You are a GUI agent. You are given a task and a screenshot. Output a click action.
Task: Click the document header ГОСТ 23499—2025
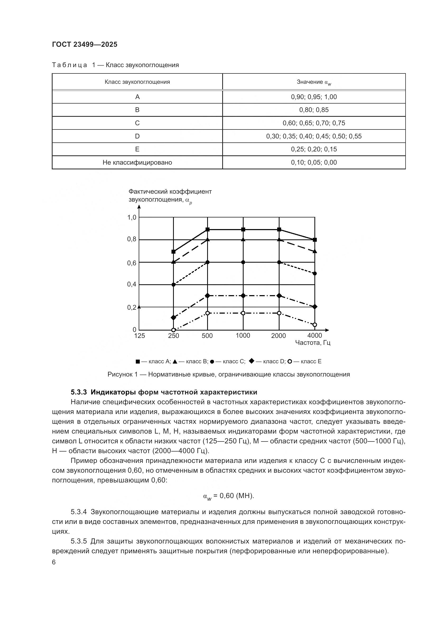coord(85,44)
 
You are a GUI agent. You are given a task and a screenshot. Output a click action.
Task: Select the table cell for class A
coord(137,97)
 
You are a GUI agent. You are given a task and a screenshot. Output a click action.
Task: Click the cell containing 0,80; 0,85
coord(314,110)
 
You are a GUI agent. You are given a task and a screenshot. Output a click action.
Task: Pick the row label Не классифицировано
coord(137,162)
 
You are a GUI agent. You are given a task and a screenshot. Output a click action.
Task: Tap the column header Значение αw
coord(314,82)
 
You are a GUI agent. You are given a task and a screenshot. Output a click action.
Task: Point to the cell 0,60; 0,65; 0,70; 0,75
coord(314,123)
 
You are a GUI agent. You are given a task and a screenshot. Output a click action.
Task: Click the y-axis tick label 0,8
coord(132,239)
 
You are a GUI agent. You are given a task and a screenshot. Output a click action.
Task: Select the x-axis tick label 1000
coord(243,336)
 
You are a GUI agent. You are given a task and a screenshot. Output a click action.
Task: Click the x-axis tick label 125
coord(140,336)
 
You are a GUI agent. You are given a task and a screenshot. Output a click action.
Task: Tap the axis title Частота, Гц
coord(313,343)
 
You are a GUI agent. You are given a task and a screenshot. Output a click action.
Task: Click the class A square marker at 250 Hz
coord(174,252)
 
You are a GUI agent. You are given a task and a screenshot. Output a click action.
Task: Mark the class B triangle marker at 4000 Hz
coord(315,251)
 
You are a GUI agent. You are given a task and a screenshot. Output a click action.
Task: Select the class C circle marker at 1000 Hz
coord(243,262)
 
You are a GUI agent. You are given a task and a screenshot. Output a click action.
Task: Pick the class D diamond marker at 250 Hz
coord(174,318)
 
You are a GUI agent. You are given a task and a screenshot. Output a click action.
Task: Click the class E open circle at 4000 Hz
coord(315,325)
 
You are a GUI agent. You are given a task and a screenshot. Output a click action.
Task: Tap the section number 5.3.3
coord(78,392)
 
